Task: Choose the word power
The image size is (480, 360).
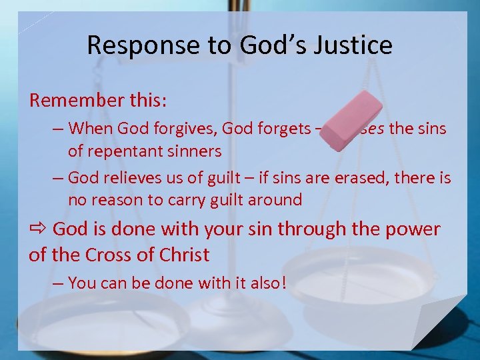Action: tap(413, 229)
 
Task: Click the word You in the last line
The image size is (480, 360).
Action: tap(81, 283)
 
